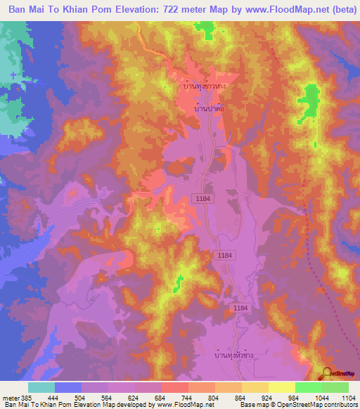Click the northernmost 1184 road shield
204,200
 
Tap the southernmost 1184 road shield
240,309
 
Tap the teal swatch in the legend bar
41,387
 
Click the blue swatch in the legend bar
68,387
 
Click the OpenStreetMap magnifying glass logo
326,372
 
